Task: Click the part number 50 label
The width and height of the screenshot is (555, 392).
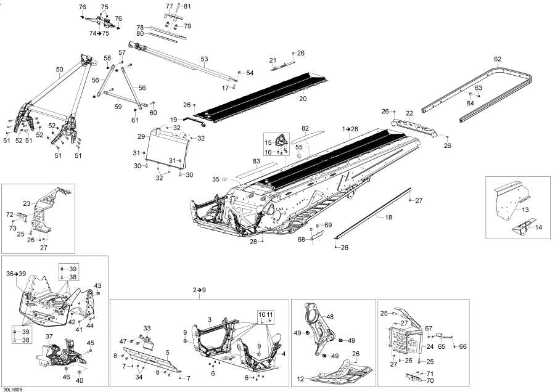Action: pos(59,70)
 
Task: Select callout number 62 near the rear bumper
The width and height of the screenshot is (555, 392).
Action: pos(498,59)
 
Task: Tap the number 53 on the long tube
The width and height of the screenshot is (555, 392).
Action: pos(205,59)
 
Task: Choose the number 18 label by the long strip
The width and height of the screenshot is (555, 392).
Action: pos(388,218)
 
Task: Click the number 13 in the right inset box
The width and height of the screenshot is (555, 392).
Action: pos(525,210)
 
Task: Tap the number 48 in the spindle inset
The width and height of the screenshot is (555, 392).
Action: pos(330,317)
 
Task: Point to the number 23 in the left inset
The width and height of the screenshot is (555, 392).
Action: pos(27,203)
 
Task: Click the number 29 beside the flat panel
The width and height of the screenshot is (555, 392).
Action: pos(141,136)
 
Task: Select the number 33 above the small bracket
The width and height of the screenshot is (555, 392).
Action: pos(147,327)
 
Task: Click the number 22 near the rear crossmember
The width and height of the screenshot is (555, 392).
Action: pos(409,113)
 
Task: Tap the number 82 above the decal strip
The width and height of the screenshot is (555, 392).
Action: pos(304,128)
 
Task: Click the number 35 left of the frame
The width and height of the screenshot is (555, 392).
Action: pos(216,179)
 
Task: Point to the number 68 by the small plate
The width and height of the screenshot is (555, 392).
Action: pos(302,239)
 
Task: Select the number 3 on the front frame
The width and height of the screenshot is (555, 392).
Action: pos(209,319)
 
